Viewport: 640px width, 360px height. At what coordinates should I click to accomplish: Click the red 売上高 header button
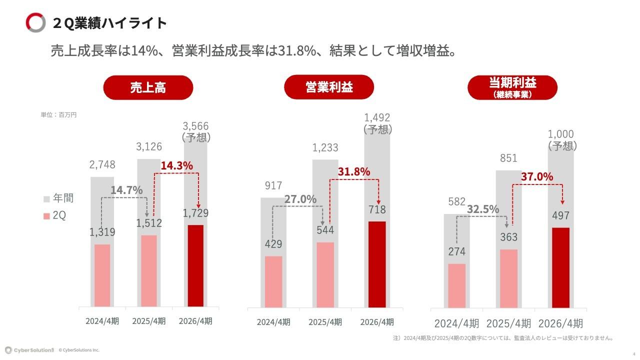(148, 88)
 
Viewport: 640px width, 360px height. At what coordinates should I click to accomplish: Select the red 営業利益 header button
(329, 87)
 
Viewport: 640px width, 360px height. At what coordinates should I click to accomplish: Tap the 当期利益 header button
(512, 87)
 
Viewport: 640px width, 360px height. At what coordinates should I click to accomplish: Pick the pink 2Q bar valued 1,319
(102, 275)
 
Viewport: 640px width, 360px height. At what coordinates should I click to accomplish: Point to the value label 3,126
(149, 146)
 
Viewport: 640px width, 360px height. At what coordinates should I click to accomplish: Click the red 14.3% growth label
(176, 165)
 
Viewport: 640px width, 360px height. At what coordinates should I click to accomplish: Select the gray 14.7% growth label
(126, 190)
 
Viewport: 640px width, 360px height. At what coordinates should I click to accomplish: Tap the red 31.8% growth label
(354, 171)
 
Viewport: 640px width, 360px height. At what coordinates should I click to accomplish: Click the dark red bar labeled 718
(377, 264)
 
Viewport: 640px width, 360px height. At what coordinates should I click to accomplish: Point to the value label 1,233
(325, 147)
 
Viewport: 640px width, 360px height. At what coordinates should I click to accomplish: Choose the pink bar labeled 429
(273, 281)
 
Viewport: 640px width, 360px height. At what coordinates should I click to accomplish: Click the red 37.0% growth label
(537, 176)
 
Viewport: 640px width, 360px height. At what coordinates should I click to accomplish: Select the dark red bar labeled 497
(561, 267)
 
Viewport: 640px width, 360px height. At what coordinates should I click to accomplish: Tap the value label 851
(508, 158)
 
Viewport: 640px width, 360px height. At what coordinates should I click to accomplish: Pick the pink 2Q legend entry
(55, 215)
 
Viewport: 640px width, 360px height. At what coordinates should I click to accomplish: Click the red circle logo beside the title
(35, 22)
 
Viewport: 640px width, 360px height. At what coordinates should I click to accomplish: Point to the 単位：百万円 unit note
(58, 114)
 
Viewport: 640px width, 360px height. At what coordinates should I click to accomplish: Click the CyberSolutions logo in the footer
(29, 350)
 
